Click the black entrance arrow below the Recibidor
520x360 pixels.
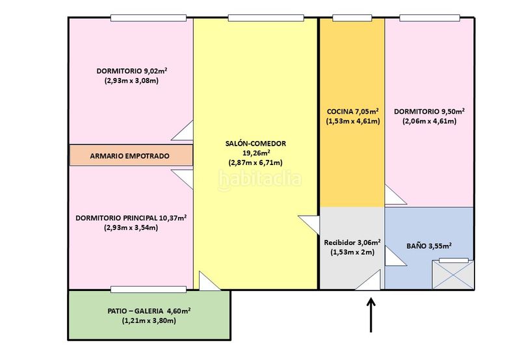370,315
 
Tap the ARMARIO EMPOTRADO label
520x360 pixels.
129,156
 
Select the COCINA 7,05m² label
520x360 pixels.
353,111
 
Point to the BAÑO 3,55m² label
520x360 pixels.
429,246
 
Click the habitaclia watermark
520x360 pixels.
259,179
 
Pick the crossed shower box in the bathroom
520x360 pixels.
453,274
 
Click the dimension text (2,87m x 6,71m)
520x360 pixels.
255,162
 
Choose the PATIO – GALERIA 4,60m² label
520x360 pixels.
149,311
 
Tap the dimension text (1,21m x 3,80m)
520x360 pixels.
149,320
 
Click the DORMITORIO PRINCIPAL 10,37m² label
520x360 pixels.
131,218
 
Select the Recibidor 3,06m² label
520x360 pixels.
352,242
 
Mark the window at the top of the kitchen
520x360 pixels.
352,18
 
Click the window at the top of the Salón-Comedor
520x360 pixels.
266,18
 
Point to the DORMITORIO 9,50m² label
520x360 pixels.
429,111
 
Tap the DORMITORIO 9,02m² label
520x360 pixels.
132,71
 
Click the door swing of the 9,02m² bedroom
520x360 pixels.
182,130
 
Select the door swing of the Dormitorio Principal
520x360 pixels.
182,179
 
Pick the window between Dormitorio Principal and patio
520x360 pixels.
148,290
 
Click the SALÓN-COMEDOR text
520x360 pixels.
255,144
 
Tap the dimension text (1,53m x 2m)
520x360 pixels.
352,252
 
